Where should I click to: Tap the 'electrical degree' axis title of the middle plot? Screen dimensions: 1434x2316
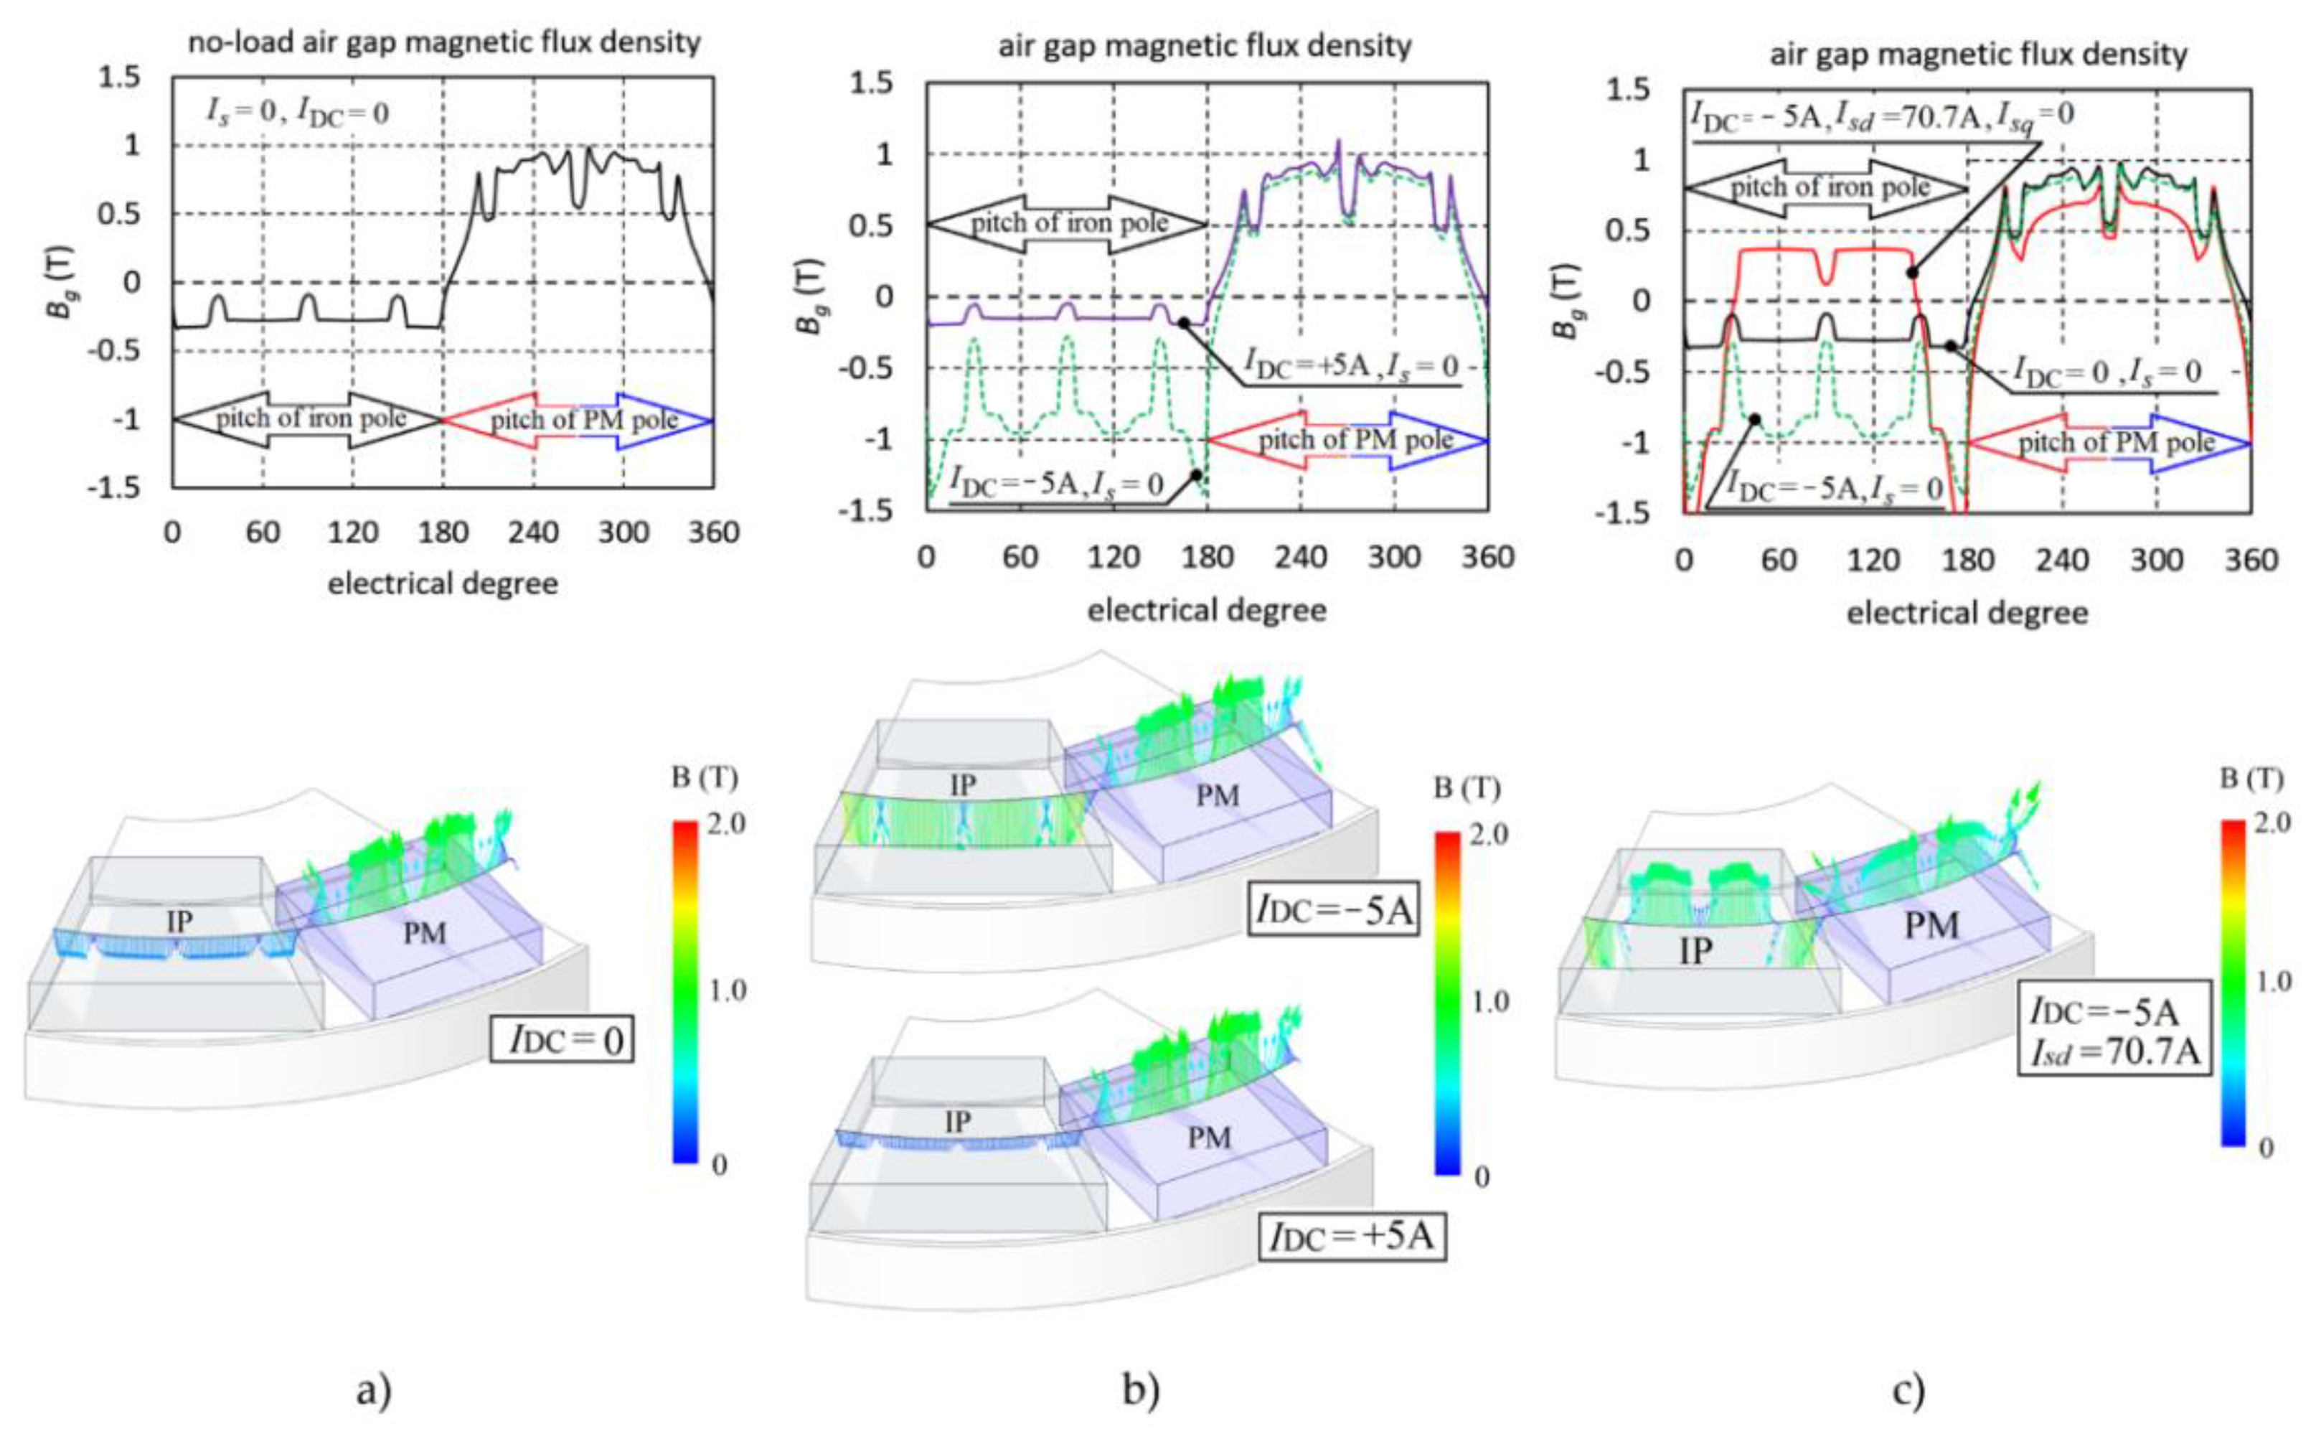point(1206,610)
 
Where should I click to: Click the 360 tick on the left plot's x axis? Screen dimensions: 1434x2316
point(713,533)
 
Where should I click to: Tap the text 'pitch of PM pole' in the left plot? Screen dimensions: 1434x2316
point(584,419)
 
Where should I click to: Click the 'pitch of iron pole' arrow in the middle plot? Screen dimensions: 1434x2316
point(1068,224)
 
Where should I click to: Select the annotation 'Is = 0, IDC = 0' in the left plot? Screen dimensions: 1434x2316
point(298,113)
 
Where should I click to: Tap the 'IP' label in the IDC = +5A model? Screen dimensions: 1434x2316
point(958,1122)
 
